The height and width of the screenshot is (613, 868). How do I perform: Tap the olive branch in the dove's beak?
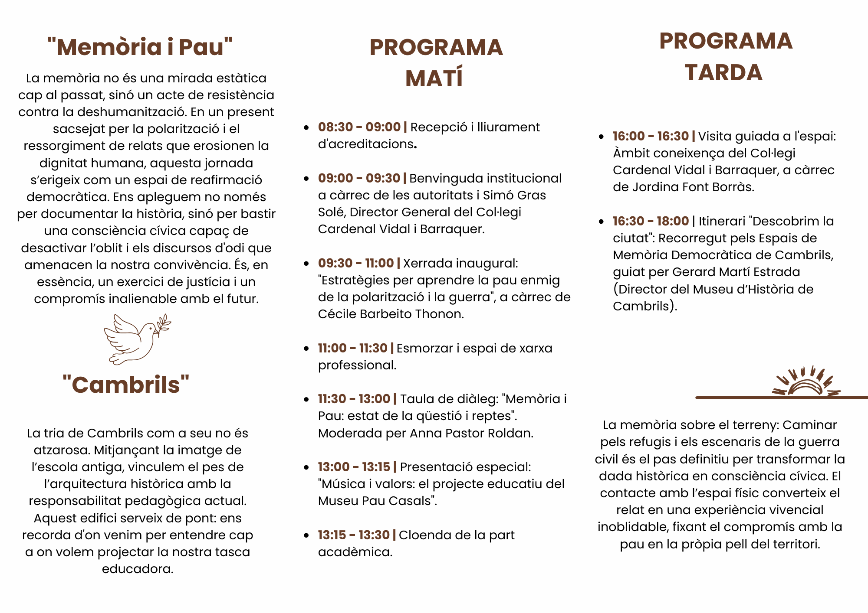164,325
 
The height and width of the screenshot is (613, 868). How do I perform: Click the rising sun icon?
806,382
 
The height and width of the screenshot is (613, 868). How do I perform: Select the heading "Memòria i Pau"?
140,47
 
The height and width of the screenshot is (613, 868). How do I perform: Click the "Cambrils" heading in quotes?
126,385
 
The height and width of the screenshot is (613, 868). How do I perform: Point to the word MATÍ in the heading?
434,78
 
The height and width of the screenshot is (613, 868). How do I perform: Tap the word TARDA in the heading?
723,72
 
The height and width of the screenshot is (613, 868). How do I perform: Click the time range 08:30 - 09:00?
359,127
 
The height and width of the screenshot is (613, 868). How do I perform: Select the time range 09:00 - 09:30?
359,178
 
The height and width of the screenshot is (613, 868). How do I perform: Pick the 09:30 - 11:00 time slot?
355,263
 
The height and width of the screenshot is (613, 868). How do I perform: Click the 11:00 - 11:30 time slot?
352,348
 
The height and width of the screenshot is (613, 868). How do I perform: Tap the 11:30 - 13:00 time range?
354,399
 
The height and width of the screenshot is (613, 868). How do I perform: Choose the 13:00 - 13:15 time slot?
354,467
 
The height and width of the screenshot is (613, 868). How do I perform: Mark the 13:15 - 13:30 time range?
353,535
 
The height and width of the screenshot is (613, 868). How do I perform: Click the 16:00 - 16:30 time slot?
651,136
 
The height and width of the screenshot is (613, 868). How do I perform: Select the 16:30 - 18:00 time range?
651,221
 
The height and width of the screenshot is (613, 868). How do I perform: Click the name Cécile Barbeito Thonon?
390,314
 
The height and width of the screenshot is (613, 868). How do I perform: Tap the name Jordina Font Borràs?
693,187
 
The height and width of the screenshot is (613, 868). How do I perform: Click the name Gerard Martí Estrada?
736,272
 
